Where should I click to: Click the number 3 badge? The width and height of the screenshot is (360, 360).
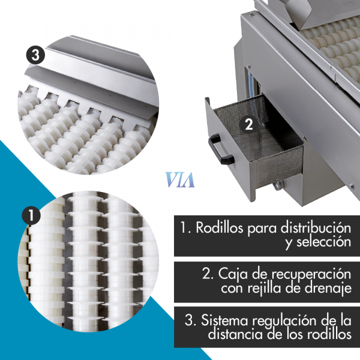[x=35, y=55]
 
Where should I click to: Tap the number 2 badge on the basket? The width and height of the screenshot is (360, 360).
[x=249, y=125]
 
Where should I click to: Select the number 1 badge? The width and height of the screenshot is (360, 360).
[x=31, y=215]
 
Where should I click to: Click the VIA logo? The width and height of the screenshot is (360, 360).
[x=180, y=180]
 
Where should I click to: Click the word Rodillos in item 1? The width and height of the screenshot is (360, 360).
[x=219, y=228]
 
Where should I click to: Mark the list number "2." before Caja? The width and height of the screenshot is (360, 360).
[x=208, y=274]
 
